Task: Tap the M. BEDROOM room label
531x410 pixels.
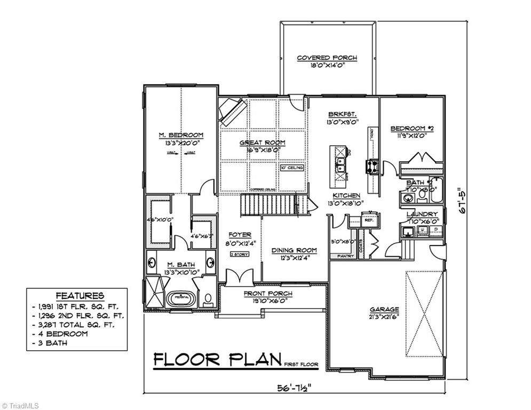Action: (x=181, y=135)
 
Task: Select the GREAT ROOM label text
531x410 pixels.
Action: (x=261, y=143)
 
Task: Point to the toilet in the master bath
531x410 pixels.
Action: (x=207, y=300)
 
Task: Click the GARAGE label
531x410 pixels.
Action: (x=384, y=309)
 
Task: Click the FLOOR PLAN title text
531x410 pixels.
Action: (x=217, y=360)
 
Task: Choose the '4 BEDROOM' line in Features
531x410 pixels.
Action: (x=62, y=334)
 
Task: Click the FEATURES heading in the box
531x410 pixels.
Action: (x=80, y=295)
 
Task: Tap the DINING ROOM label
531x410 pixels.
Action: (x=294, y=250)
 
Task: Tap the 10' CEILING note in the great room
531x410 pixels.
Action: (x=291, y=168)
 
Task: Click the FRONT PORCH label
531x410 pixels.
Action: (x=268, y=294)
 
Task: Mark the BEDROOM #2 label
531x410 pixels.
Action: (x=410, y=128)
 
